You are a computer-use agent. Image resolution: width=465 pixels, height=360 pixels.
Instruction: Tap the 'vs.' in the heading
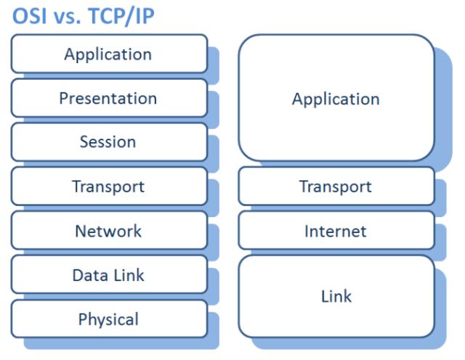pos(68,16)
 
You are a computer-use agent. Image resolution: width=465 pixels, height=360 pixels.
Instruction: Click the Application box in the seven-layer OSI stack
pos(108,54)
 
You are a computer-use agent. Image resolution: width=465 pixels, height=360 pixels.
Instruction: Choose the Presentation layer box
pos(108,98)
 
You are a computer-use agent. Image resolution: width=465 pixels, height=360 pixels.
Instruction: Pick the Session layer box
pos(108,142)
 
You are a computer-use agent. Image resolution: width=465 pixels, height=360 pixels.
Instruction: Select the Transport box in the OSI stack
pos(108,187)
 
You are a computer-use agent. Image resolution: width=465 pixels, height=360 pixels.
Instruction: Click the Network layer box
pos(108,231)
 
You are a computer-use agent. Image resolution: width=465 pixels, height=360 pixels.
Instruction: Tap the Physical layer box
pos(108,319)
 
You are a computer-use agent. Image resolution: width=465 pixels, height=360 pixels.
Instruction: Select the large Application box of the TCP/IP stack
pos(336,99)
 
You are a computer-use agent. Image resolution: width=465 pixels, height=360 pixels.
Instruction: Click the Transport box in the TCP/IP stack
pos(336,187)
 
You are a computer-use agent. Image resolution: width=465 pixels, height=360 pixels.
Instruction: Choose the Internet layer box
pos(336,231)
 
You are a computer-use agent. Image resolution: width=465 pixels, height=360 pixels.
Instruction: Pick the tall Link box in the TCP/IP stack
pos(336,295)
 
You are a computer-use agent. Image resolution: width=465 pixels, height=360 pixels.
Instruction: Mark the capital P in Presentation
pos(64,98)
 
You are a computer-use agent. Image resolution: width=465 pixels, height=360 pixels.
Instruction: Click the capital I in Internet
pos(307,231)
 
